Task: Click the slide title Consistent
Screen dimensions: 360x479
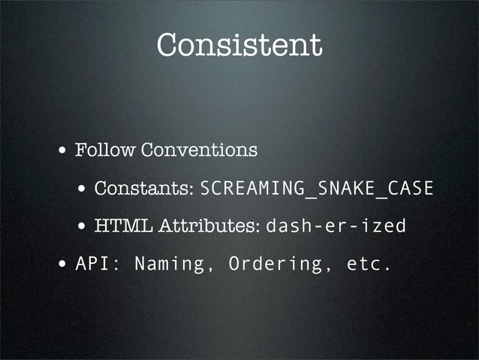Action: click(239, 45)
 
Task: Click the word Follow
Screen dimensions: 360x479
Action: click(106, 150)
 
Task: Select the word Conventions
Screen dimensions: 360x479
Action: click(199, 150)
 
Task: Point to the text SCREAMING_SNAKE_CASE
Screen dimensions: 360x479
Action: click(317, 188)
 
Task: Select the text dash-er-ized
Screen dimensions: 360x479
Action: click(336, 225)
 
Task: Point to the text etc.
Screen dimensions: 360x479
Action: click(369, 264)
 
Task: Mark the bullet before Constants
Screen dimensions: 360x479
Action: click(82, 189)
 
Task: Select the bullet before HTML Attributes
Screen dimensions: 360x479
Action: click(82, 226)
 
